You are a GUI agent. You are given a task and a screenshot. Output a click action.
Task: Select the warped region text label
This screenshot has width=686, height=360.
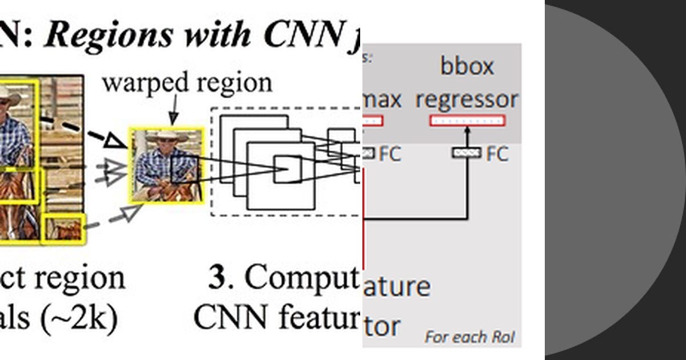tap(187, 83)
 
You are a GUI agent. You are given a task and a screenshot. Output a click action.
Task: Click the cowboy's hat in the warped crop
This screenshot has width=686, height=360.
tap(166, 137)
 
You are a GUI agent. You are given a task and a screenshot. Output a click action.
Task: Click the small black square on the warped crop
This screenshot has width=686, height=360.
tap(184, 169)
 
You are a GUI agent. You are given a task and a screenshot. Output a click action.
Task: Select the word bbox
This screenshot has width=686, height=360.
tap(466, 66)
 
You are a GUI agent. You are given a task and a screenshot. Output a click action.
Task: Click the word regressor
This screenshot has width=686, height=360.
tap(466, 99)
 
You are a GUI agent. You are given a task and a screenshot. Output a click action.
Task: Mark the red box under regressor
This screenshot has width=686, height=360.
tap(467, 121)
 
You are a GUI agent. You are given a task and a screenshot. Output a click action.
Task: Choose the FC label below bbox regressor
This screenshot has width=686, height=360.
tap(497, 154)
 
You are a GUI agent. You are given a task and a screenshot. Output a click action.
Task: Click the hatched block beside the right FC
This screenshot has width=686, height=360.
tap(466, 153)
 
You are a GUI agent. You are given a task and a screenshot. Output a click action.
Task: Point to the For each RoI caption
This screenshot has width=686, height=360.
tap(469, 337)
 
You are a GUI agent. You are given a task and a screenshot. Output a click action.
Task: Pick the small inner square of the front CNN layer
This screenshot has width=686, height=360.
tap(287, 169)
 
